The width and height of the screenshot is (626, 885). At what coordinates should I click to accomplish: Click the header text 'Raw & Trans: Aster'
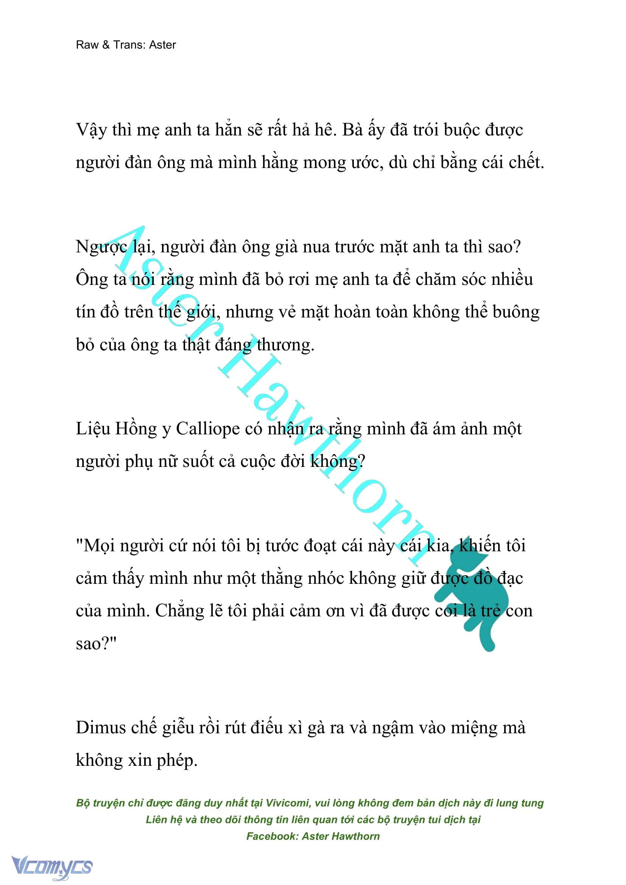click(126, 45)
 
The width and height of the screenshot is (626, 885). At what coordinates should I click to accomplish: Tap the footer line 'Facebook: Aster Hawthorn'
click(313, 836)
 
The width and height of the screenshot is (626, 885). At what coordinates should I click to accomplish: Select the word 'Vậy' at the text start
click(91, 130)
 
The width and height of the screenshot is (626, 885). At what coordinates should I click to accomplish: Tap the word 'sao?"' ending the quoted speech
click(96, 644)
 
